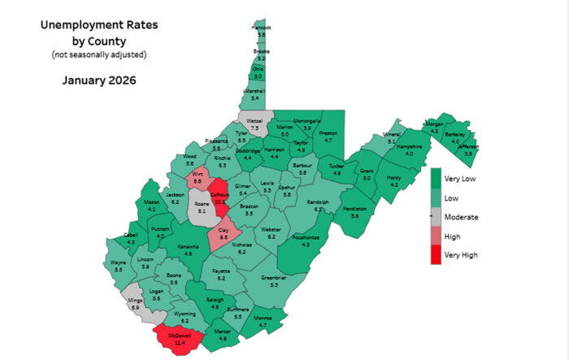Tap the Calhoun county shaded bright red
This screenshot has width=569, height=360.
click(x=219, y=200)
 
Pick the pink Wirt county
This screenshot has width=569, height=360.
click(x=198, y=176)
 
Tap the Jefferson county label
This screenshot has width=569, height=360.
click(x=467, y=146)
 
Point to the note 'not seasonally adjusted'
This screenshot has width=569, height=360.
click(x=99, y=54)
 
